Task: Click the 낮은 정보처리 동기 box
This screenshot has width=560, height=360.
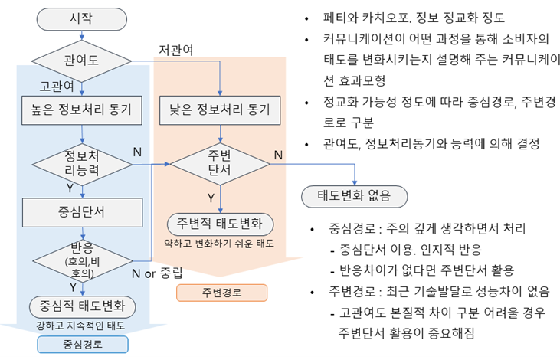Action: point(220,110)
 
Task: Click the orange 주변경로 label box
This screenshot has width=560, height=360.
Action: point(221,293)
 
